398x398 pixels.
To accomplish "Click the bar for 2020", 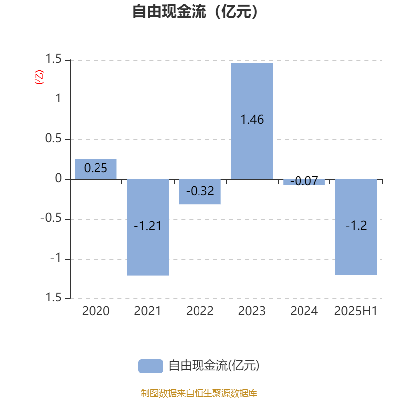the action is coord(96,169).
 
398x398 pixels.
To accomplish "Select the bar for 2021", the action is coord(148,227).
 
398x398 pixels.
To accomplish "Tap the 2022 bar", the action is coord(200,192).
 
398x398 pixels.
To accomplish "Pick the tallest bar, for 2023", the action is coord(252,121).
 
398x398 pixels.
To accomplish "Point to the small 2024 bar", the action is coord(304,182).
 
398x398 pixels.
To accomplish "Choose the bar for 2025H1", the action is coord(356,227).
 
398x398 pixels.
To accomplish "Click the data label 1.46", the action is coord(252,119).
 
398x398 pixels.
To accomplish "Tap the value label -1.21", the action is coord(147,226).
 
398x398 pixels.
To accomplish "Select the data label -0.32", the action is coord(200,191).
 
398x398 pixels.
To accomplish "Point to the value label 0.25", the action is coord(96,168).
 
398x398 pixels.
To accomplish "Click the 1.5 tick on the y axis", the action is coord(53,59).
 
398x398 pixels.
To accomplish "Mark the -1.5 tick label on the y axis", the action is coord(51,298).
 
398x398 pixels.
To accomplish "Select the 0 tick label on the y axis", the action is coord(58,178).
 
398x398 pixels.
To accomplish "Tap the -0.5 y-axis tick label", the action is coord(51,218).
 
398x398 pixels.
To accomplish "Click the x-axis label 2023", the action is coord(252,311).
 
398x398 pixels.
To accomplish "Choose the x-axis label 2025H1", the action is coord(356,311).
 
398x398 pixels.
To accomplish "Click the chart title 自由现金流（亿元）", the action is coord(196,11).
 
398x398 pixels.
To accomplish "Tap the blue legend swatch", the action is coord(151,366).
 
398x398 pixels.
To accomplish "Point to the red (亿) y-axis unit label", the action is coord(39,77).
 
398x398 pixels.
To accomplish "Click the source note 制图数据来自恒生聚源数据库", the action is coord(199,393).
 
